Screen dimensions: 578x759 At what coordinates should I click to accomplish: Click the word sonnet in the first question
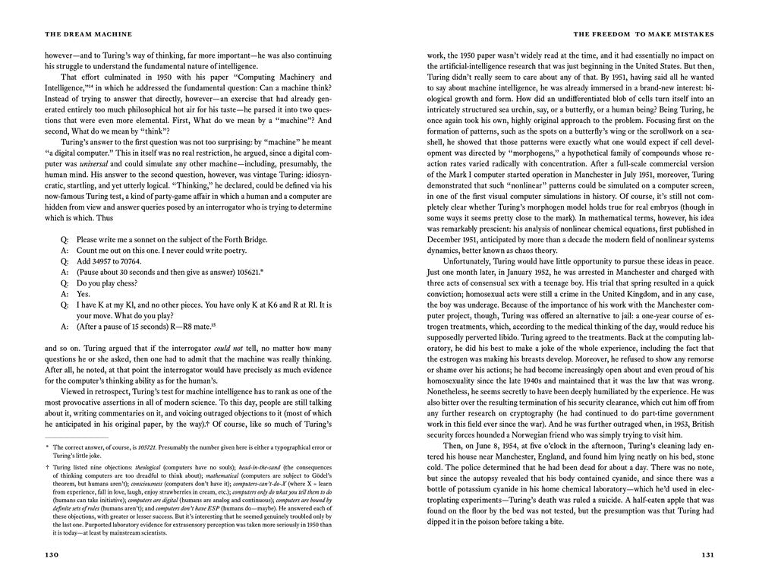point(150,239)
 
